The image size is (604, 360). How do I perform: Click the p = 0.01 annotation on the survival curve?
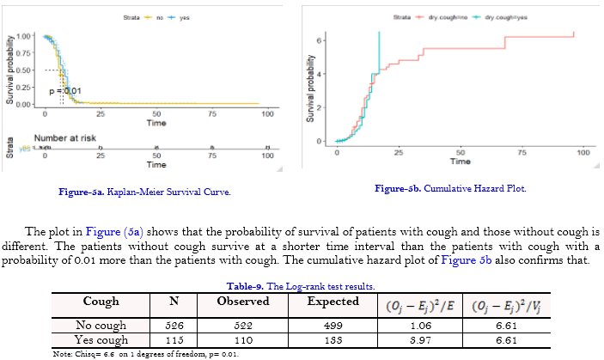tap(64, 90)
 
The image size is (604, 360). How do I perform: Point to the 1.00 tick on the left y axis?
tap(23, 36)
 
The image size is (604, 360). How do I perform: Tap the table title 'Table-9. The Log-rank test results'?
tap(298, 285)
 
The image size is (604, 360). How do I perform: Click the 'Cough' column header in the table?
tap(100, 302)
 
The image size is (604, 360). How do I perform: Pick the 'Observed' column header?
tap(243, 302)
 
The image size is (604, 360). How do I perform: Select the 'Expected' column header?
tap(333, 302)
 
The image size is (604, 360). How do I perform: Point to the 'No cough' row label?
tap(100, 326)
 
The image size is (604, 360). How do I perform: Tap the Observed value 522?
tap(243, 326)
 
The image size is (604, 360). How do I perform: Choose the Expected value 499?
tap(333, 326)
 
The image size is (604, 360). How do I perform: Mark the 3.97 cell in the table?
tap(419, 340)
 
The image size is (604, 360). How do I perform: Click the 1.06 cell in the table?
tap(419, 326)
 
